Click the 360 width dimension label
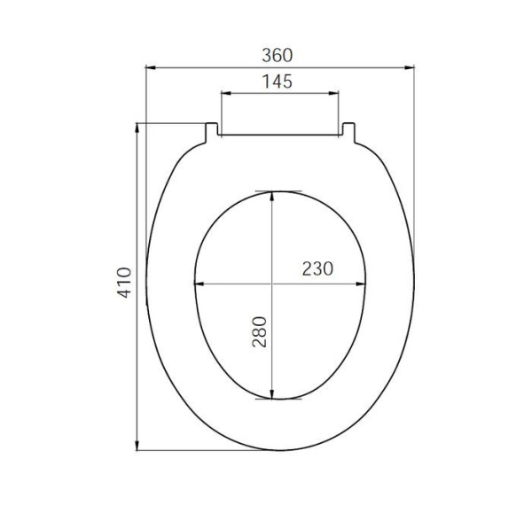click(277, 55)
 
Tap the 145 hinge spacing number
click(278, 82)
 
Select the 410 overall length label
click(124, 283)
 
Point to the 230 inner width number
click(317, 268)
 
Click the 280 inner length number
click(260, 331)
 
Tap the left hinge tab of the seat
click(212, 133)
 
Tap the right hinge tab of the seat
click(348, 133)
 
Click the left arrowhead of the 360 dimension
click(151, 67)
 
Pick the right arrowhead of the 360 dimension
click(410, 67)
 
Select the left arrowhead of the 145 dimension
click(226, 93)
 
